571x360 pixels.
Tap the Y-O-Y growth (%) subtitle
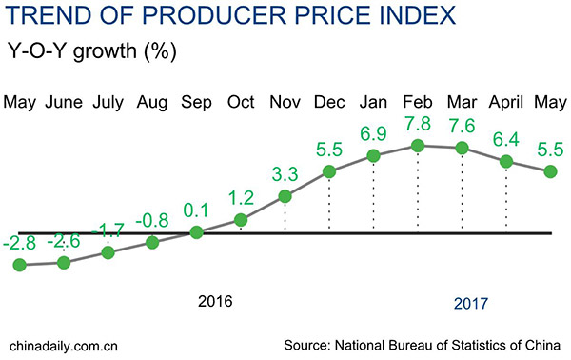point(91,50)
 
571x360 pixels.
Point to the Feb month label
point(417,101)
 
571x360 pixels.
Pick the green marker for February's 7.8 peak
point(417,146)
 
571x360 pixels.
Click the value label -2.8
point(19,246)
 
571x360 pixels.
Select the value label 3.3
point(285,175)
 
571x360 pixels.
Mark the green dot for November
point(285,198)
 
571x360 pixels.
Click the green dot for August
point(152,243)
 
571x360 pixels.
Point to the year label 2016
point(215,302)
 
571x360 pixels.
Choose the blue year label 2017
point(470,304)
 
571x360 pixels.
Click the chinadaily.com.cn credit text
point(63,343)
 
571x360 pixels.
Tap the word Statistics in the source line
point(481,343)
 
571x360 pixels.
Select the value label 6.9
point(373,131)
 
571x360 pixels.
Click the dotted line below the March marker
point(462,190)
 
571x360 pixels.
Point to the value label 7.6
point(462,126)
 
